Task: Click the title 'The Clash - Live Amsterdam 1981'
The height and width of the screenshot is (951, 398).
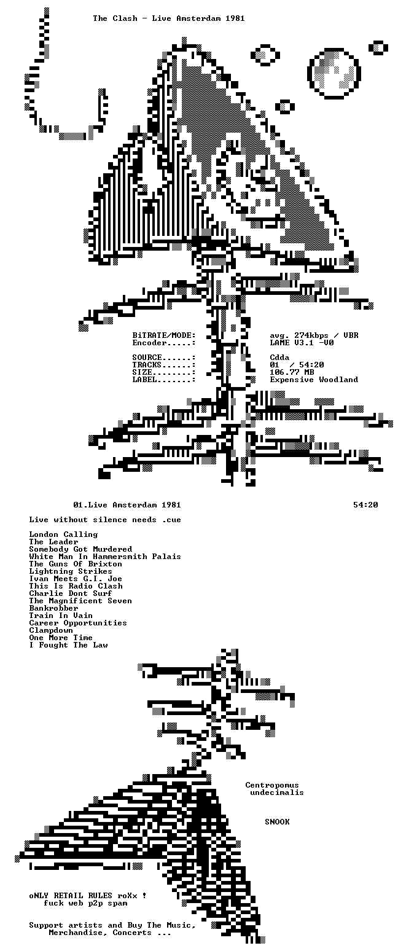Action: click(x=169, y=18)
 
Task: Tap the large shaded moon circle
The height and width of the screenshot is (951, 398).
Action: click(x=334, y=74)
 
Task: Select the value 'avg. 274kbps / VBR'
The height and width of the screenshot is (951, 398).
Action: click(x=314, y=335)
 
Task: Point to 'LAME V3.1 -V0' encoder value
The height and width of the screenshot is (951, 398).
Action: click(x=302, y=343)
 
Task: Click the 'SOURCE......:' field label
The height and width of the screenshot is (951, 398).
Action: click(x=164, y=358)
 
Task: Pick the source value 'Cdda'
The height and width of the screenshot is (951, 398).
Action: click(x=279, y=358)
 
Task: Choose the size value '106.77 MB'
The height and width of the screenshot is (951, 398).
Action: click(x=292, y=372)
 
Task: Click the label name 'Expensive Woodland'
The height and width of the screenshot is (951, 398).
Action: click(x=314, y=380)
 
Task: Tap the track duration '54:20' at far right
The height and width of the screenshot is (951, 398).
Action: click(x=365, y=505)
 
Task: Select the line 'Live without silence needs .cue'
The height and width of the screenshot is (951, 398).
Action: click(x=105, y=520)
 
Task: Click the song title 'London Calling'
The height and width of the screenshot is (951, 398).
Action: click(x=63, y=534)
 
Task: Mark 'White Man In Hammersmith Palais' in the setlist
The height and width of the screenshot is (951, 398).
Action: click(x=105, y=557)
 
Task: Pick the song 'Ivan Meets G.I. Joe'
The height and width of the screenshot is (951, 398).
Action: click(x=76, y=579)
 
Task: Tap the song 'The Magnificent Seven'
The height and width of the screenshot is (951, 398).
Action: click(x=80, y=601)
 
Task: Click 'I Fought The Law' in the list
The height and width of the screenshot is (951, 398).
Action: click(x=68, y=645)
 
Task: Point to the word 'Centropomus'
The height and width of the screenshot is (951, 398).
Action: click(x=272, y=785)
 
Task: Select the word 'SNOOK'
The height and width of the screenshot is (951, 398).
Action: click(x=277, y=822)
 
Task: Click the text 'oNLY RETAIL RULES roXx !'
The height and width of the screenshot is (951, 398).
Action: click(x=88, y=896)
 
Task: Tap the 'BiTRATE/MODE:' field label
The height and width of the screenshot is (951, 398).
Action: click(x=164, y=335)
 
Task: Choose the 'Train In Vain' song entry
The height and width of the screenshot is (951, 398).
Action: click(x=61, y=616)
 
